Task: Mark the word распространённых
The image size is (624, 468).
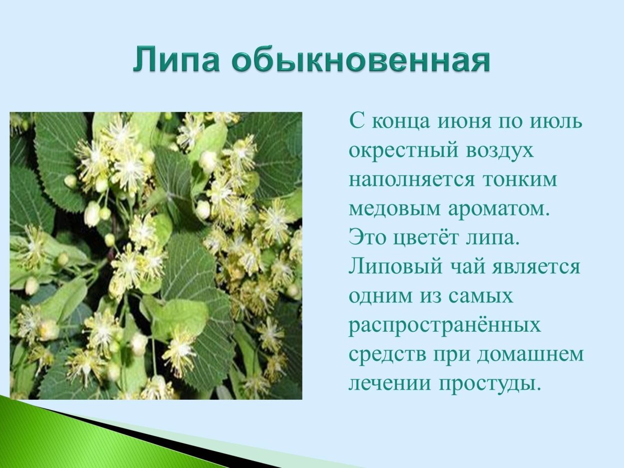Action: click(x=444, y=326)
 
